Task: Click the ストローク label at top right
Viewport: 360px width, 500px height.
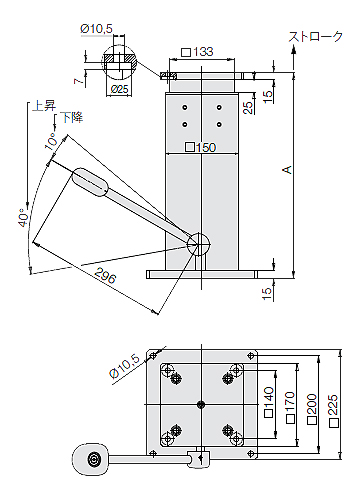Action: [315, 36]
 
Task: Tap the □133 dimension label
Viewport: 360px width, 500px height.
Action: [197, 52]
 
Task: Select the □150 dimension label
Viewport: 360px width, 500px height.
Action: [201, 147]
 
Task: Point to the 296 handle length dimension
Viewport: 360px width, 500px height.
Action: [105, 275]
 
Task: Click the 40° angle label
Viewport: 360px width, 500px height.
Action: [22, 218]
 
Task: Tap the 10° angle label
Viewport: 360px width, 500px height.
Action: [51, 141]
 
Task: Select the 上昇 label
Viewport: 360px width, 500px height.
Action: [44, 106]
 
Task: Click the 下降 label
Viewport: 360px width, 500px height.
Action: [71, 117]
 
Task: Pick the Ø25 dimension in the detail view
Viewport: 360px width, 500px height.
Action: [119, 89]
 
